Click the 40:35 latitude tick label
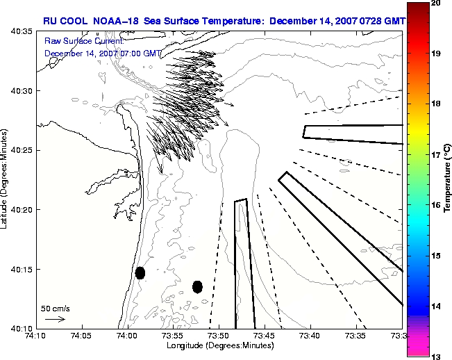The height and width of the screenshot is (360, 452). point(22,31)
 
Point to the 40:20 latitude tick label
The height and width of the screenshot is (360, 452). point(22,210)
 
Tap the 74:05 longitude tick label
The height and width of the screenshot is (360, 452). point(82,336)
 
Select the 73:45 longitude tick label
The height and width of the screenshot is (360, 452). point(265,336)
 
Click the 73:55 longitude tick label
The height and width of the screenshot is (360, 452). point(174,336)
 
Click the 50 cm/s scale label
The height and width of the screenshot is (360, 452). point(56,309)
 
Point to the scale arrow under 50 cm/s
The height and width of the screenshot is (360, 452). point(56,319)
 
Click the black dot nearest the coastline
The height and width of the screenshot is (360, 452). point(140,273)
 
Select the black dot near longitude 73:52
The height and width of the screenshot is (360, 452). point(197,287)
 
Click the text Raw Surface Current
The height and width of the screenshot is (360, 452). point(84,41)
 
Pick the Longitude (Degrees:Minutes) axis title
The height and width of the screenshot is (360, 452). point(220,345)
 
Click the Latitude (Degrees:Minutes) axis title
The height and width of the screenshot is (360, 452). point(3,179)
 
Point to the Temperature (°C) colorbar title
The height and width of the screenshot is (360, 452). point(447,179)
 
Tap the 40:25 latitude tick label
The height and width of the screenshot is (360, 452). point(22,150)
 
